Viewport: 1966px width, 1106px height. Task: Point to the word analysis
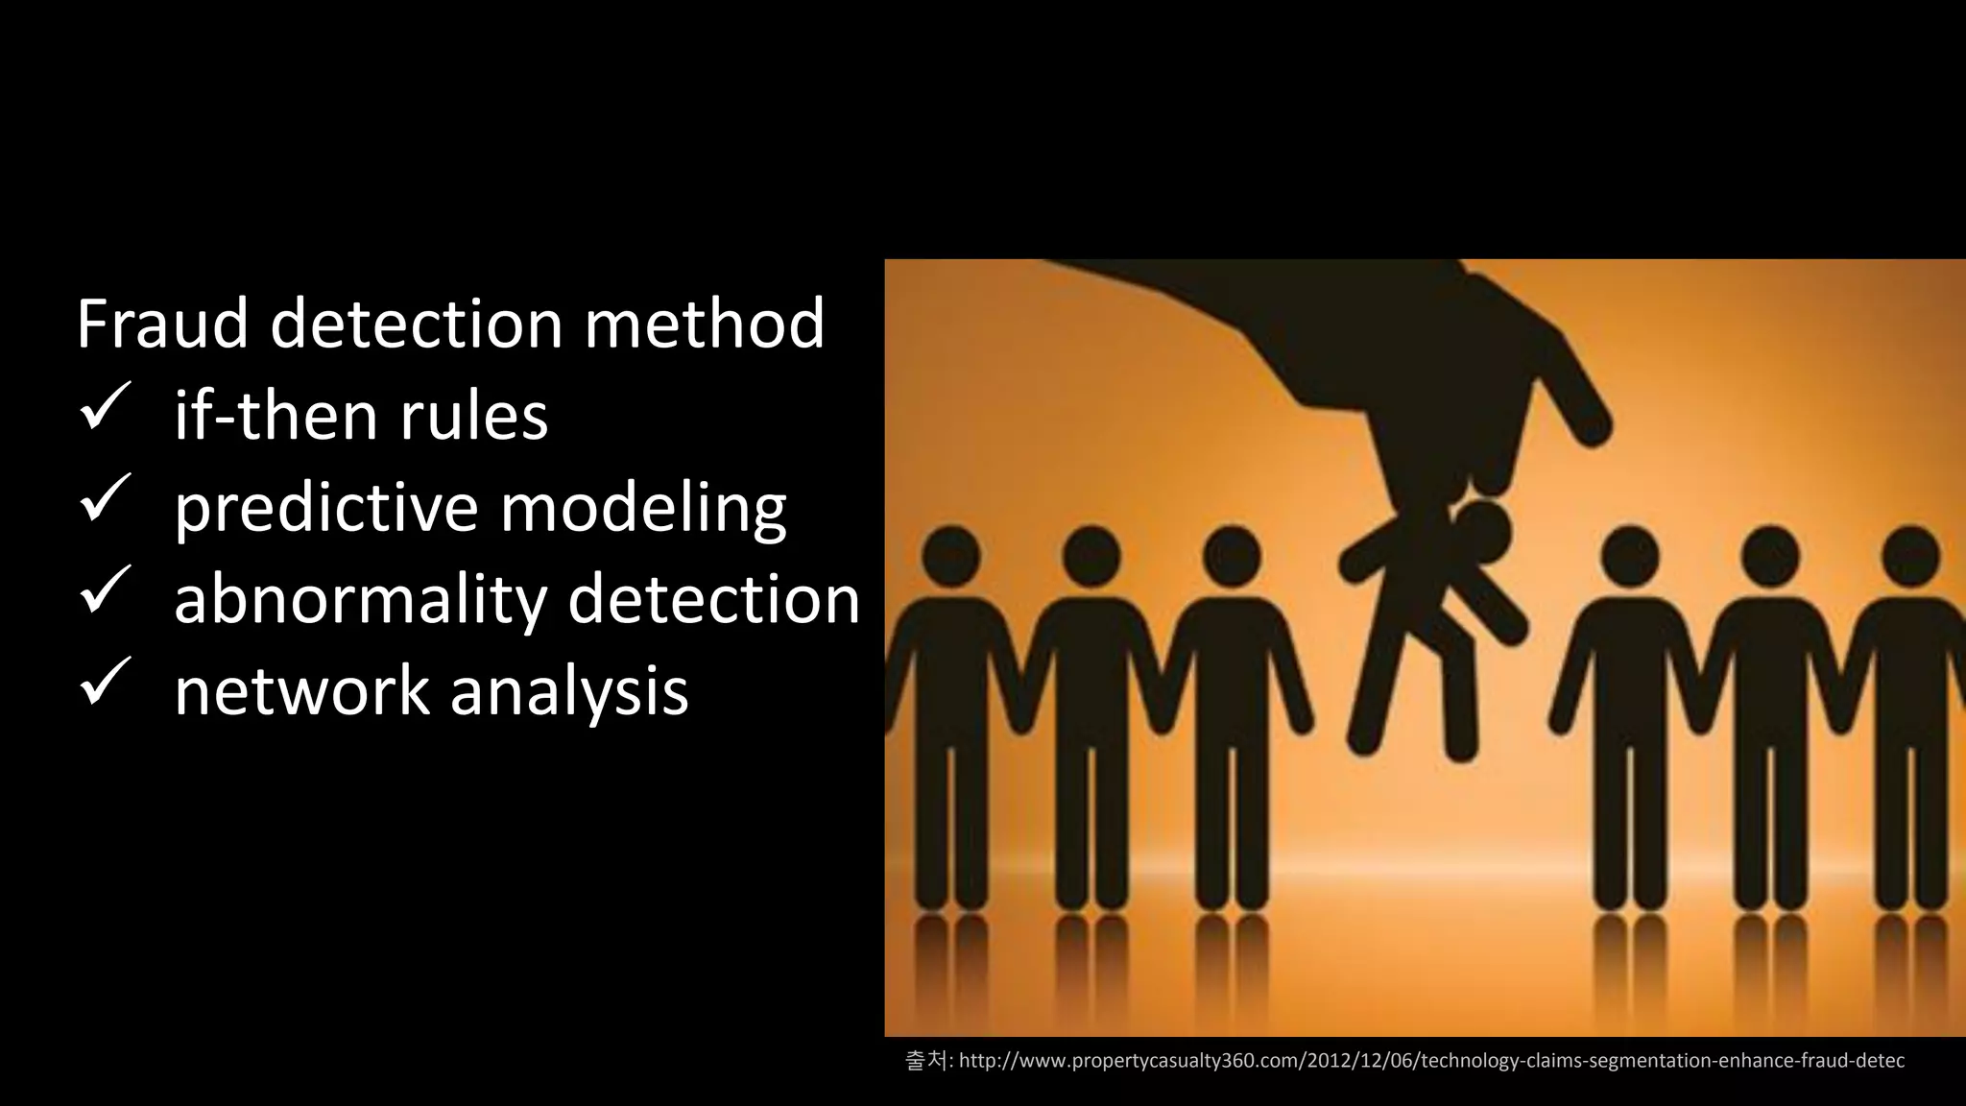569,690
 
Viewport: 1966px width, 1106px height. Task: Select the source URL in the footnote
1430,1061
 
